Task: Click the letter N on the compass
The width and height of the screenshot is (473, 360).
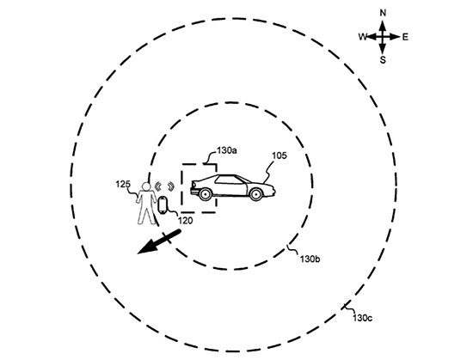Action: pyautogui.click(x=383, y=13)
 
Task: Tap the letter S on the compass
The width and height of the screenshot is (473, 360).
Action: pyautogui.click(x=383, y=60)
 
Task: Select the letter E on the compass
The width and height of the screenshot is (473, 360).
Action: pyautogui.click(x=405, y=37)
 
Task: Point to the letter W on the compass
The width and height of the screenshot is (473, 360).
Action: pyautogui.click(x=363, y=37)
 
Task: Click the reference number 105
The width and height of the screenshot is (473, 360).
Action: pyautogui.click(x=279, y=156)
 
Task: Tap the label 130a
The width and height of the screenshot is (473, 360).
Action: pyautogui.click(x=226, y=150)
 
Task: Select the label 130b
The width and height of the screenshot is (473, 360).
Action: pyautogui.click(x=310, y=259)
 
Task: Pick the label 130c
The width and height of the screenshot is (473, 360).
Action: pyautogui.click(x=363, y=318)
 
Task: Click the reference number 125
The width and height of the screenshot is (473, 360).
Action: pyautogui.click(x=123, y=184)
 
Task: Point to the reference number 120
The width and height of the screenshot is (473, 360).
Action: pyautogui.click(x=185, y=221)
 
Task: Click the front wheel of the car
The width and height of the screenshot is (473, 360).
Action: pyautogui.click(x=256, y=194)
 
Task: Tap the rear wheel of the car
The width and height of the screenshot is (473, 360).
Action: pyautogui.click(x=206, y=194)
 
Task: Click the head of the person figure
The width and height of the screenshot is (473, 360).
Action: pyautogui.click(x=146, y=186)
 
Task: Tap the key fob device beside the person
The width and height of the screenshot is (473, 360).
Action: pyautogui.click(x=163, y=204)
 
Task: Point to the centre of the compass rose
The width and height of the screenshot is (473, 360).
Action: pyautogui.click(x=383, y=37)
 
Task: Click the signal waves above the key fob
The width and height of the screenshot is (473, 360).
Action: pyautogui.click(x=164, y=186)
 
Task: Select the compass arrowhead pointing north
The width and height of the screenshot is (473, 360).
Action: pyautogui.click(x=383, y=25)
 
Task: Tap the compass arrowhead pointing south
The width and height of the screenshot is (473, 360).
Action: pyautogui.click(x=383, y=49)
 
